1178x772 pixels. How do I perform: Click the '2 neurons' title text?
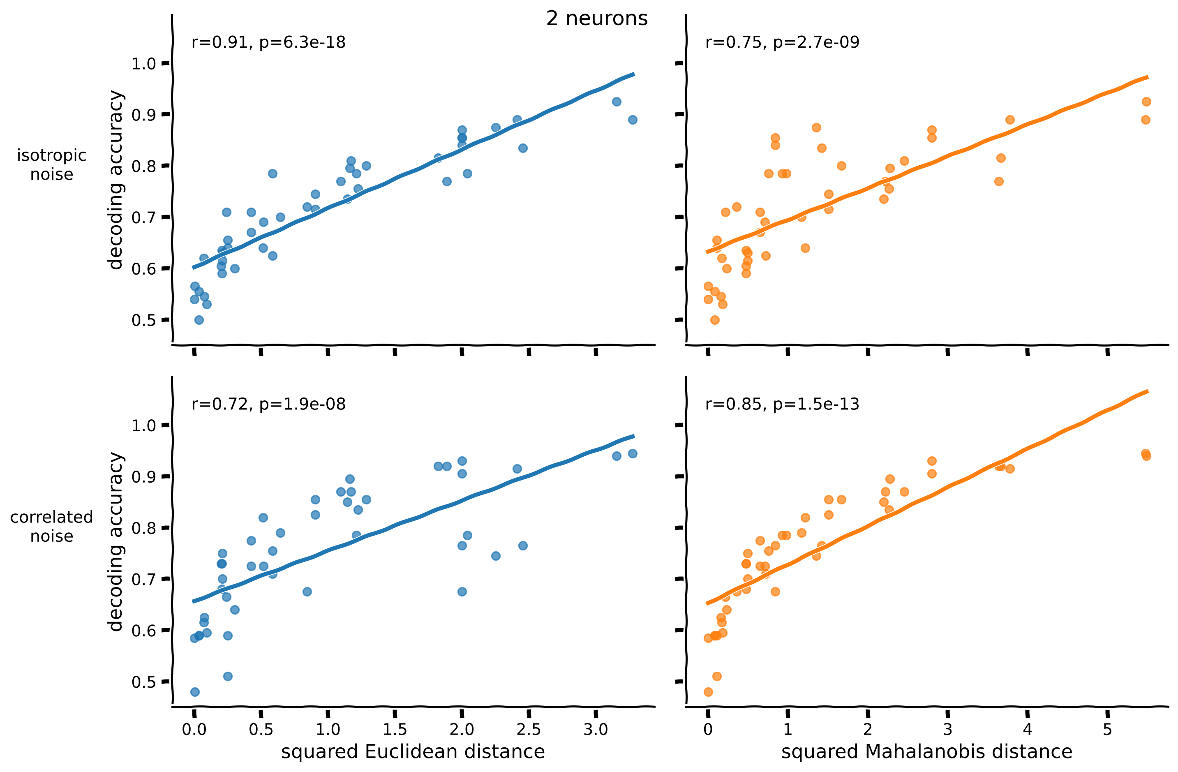tap(596, 19)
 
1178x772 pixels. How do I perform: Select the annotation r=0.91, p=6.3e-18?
tap(268, 43)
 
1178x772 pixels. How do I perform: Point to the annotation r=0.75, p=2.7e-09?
tap(782, 43)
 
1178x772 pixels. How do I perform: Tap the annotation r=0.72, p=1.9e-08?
tap(268, 404)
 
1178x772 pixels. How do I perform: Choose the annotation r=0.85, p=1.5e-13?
tap(782, 404)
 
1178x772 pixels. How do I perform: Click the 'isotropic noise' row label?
tap(51, 165)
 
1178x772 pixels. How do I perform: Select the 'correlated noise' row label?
tap(51, 527)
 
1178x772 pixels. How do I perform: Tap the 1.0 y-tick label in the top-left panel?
tap(143, 64)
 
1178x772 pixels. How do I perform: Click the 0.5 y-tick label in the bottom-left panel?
tap(143, 682)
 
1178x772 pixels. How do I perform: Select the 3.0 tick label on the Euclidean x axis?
tap(596, 729)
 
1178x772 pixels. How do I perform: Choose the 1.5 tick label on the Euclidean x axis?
tap(395, 729)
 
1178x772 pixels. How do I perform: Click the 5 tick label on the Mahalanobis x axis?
tap(1107, 729)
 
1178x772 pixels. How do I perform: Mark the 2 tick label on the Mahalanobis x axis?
tap(868, 729)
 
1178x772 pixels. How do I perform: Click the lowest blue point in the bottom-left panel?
tap(195, 692)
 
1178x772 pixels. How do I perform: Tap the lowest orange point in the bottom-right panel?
tap(708, 692)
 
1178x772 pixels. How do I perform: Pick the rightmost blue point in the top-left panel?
tap(633, 120)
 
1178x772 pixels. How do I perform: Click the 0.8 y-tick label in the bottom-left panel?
tap(143, 528)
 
